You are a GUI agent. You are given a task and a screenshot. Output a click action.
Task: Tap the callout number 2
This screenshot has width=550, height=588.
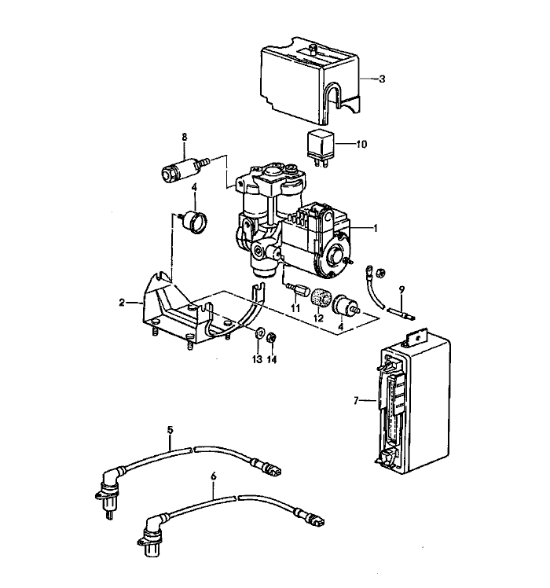point(123,302)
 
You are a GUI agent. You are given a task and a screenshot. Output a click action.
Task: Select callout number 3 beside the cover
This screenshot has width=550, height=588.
point(382,79)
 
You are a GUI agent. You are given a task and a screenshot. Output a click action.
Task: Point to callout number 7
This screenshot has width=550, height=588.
point(356,401)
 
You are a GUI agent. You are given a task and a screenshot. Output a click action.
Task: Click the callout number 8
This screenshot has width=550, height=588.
point(184,138)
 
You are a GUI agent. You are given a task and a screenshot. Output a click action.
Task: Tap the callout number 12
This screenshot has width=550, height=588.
point(319,318)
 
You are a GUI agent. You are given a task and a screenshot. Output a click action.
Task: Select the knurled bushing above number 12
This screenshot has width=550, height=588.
point(319,300)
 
